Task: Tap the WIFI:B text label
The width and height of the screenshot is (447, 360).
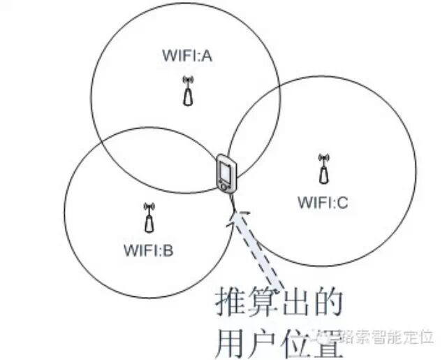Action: (147, 248)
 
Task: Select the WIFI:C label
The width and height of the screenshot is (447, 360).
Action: (323, 203)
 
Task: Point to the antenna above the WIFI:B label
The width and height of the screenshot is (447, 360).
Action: (148, 217)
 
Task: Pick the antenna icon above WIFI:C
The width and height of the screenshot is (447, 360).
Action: (323, 168)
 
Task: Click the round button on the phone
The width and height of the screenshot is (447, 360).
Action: (223, 186)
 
